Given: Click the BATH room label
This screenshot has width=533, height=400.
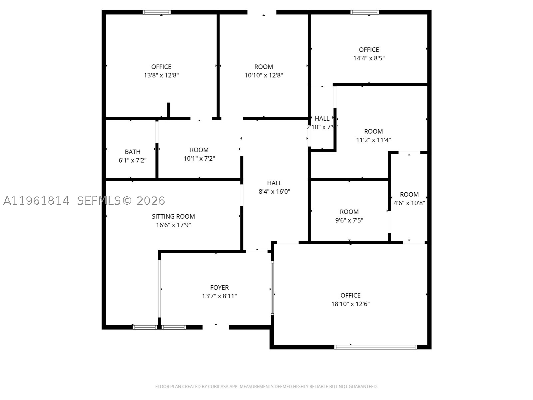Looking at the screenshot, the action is tap(133, 152).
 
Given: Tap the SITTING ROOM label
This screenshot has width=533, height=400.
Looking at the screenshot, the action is tap(173, 216).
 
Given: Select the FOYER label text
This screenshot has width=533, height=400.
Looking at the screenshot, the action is tap(220, 288).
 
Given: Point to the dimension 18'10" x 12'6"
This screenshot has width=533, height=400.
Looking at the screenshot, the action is tap(350, 304).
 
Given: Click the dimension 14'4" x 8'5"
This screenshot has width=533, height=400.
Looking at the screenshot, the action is tap(369, 58).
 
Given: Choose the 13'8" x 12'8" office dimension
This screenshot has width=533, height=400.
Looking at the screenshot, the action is tap(161, 75).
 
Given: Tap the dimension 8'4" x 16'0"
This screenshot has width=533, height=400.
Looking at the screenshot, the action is tap(274, 192).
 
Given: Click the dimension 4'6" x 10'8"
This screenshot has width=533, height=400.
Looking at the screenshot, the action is tap(409, 203).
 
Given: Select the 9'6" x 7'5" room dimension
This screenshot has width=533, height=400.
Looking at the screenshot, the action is tap(349, 220).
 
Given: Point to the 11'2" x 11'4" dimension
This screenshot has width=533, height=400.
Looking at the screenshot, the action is tap(373, 140).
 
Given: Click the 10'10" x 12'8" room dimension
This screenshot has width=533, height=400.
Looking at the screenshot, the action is tap(264, 75).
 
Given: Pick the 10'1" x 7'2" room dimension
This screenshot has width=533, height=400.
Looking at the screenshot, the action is tap(199, 159).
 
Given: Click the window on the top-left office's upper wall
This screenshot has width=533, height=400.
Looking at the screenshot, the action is tap(157, 12).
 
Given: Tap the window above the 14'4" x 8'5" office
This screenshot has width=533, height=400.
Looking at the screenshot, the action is tap(364, 12).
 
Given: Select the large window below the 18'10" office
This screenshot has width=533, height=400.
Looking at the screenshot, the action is tap(375, 347).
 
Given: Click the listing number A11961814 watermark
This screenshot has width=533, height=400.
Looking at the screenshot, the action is tap(36, 201).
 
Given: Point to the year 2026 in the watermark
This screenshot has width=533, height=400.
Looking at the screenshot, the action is tap(151, 201).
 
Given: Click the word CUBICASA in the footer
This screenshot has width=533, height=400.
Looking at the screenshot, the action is tap(218, 386).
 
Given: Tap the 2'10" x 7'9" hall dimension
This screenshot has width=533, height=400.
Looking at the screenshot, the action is tap(322, 127).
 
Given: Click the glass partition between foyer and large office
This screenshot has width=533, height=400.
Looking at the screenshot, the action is tap(272, 288).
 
